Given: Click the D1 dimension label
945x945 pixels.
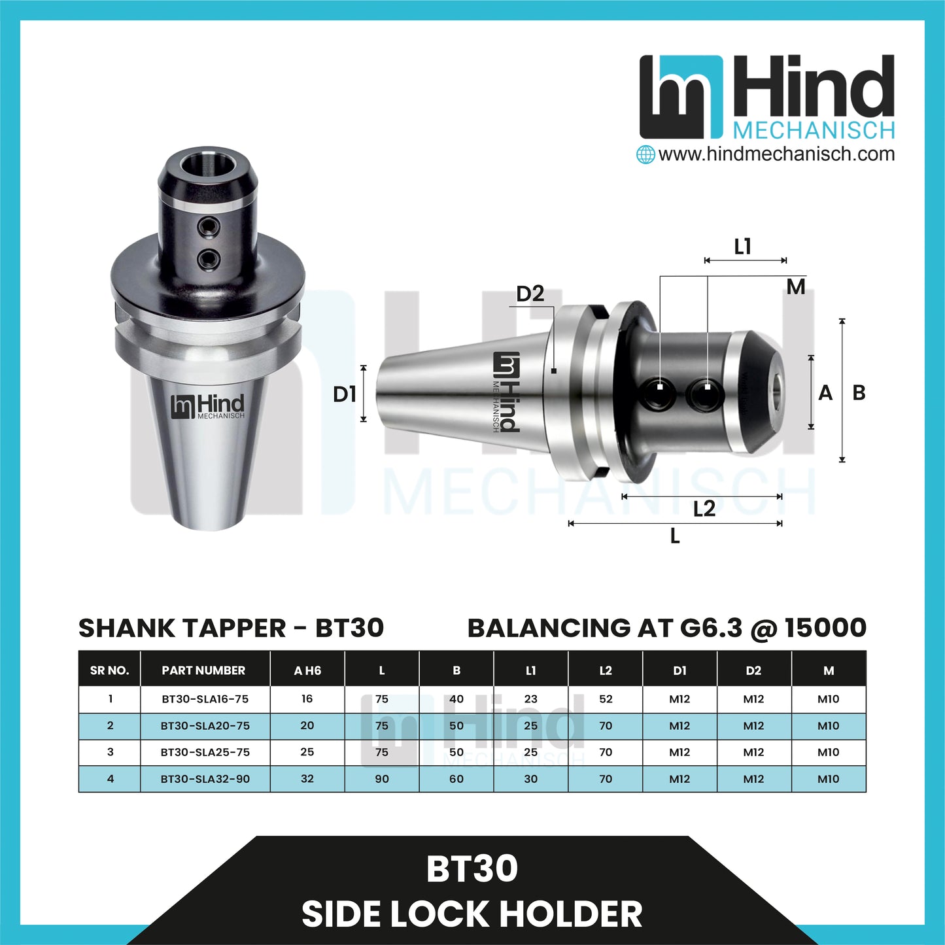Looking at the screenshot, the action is [344, 394].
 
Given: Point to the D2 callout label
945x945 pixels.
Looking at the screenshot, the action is [530, 294].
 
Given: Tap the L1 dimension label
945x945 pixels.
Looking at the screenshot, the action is [743, 247].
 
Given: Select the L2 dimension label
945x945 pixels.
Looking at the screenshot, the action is [704, 509].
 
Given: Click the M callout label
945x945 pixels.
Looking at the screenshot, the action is [795, 287].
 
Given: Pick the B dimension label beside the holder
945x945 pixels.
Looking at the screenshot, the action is [859, 393].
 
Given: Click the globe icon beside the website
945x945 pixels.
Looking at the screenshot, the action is [645, 154].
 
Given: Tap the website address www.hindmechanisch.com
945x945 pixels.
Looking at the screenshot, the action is [776, 154].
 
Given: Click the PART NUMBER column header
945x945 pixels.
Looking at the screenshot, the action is [203, 670].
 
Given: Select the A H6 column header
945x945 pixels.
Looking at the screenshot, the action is [307, 670].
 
